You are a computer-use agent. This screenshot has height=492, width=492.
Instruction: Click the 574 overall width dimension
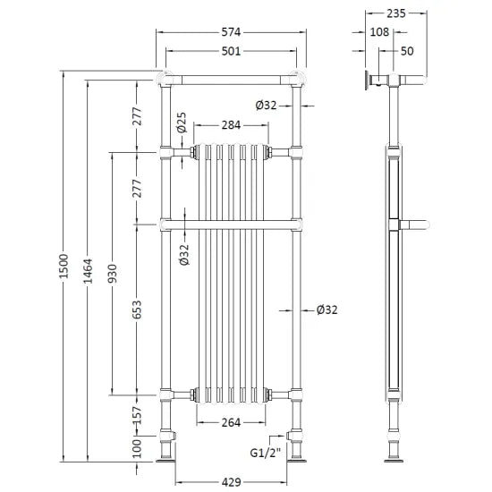coord(232,32)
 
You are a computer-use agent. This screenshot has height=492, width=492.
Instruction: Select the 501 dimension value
coord(232,52)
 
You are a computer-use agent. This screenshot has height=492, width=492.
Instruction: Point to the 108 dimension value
coord(378,32)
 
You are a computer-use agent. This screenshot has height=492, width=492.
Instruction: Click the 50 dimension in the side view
coord(407,52)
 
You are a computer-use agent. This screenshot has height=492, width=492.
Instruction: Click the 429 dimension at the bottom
coord(232,482)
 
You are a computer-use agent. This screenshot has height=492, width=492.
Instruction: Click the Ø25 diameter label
coord(182,122)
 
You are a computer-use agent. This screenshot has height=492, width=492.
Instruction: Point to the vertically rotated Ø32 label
coord(183,256)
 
